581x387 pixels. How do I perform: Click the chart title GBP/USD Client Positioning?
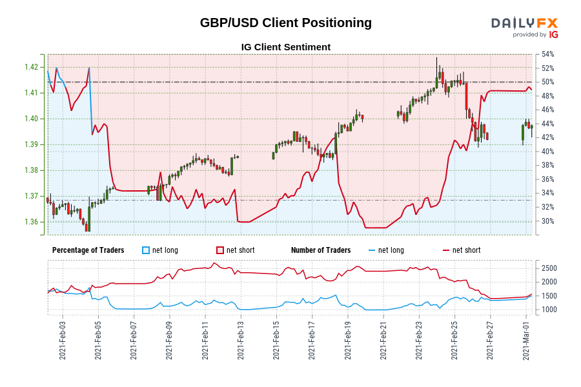285,23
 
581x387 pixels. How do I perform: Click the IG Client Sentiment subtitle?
285,47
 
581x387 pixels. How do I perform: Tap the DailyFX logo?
524,27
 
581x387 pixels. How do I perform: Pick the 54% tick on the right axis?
547,54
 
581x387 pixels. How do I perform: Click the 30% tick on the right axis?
547,221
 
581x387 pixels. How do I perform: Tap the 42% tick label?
547,137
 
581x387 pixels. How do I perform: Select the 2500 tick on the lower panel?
549,268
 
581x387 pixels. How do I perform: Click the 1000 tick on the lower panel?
549,310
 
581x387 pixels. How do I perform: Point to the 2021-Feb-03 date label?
63,340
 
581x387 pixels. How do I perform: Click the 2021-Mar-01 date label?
525,340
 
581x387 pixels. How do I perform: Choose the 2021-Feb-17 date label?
311,340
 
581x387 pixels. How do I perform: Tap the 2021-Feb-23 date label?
418,340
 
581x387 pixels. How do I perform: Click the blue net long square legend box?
146,250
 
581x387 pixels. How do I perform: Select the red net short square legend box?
220,250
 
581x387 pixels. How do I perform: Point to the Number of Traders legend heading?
321,250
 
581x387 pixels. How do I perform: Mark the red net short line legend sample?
446,250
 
